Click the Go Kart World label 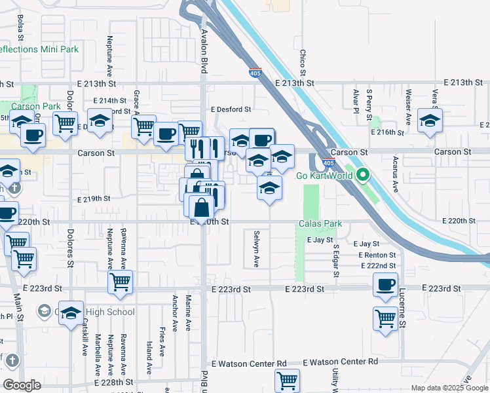(x=325, y=176)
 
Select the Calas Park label (x=320, y=224)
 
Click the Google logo (x=22, y=385)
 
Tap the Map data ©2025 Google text (x=449, y=388)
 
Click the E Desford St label (x=231, y=110)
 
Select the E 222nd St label (x=379, y=265)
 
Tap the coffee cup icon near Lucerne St (x=385, y=285)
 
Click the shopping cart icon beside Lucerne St (x=385, y=319)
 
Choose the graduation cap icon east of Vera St (x=430, y=121)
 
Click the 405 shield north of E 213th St (x=255, y=73)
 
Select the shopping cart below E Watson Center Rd (x=287, y=380)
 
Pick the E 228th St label (x=114, y=382)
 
